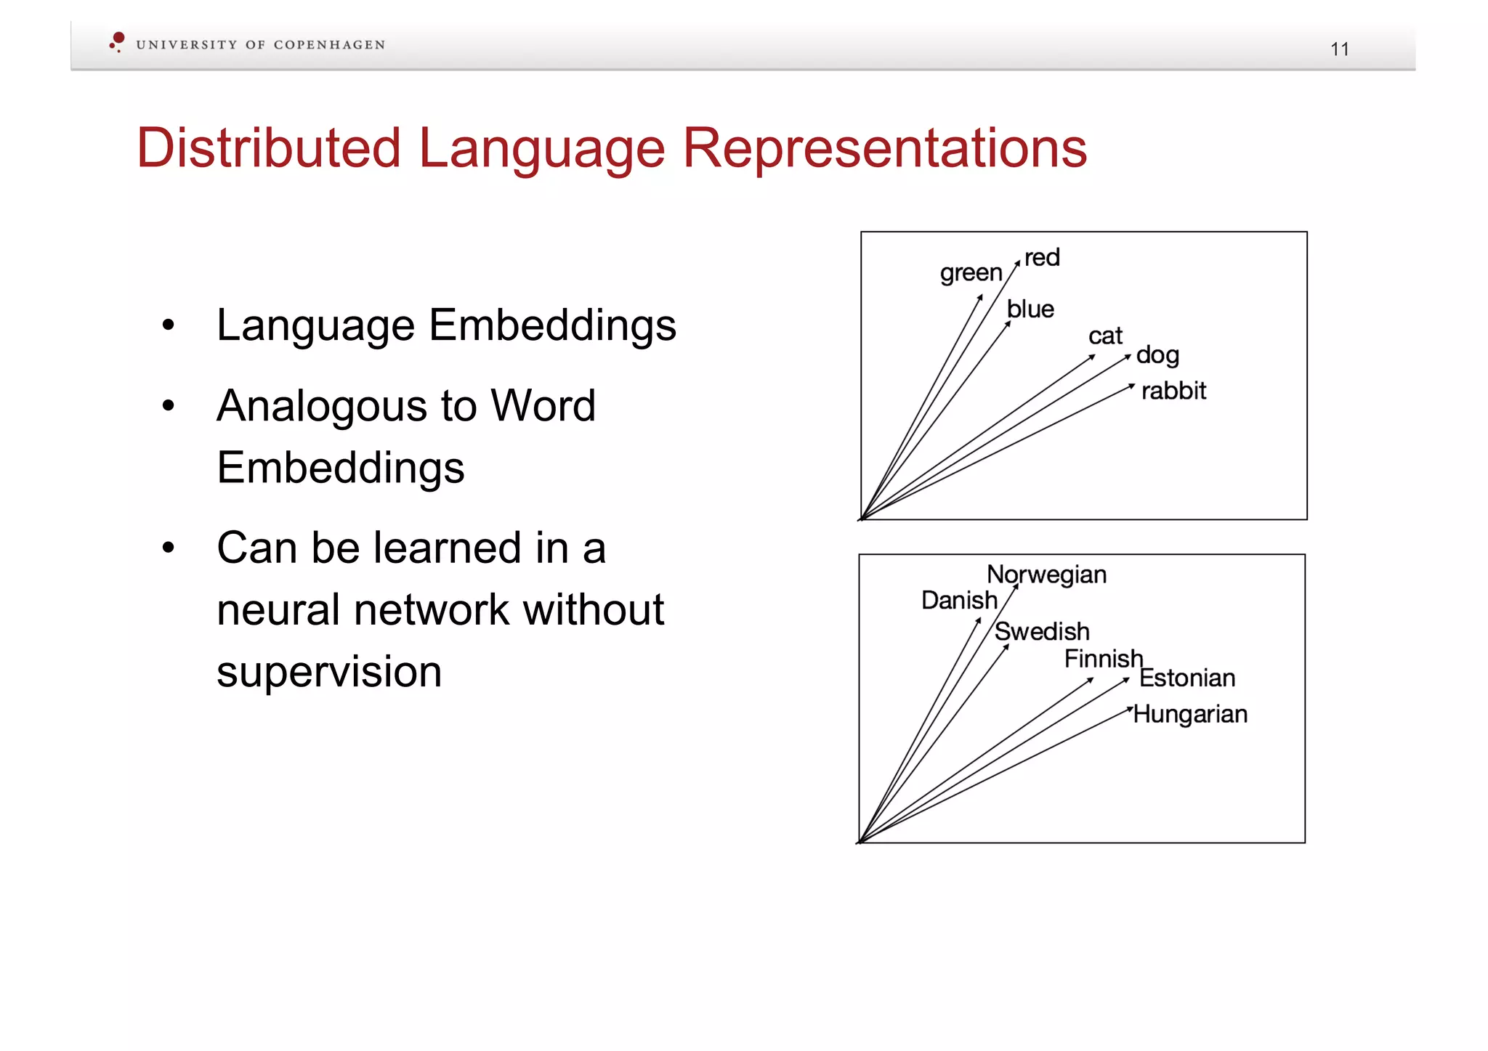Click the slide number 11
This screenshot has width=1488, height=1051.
click(1339, 49)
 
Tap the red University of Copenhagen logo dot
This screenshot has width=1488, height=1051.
click(118, 38)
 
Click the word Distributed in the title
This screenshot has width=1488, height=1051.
click(268, 148)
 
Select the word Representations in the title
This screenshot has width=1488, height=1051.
click(884, 148)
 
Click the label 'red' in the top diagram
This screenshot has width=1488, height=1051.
click(1042, 257)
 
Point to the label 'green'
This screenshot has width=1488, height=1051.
click(971, 273)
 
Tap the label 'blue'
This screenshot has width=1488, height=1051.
click(1030, 309)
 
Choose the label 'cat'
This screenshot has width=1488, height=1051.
click(1105, 336)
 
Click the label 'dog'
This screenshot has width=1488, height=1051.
click(1157, 355)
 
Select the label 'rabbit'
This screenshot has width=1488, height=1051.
click(1173, 391)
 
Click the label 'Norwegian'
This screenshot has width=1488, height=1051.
click(1046, 575)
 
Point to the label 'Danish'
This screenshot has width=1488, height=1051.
click(959, 601)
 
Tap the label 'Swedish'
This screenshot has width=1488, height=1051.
click(1042, 631)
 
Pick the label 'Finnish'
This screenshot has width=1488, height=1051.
click(1103, 659)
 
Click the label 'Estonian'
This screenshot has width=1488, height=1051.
click(1187, 678)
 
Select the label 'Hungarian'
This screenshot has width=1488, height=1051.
click(1190, 714)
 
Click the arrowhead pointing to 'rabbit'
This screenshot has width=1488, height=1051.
click(1131, 386)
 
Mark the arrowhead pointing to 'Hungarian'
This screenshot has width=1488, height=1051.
click(1129, 709)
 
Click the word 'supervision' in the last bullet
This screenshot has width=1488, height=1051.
click(329, 672)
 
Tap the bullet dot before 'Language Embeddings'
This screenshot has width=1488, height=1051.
click(169, 325)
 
